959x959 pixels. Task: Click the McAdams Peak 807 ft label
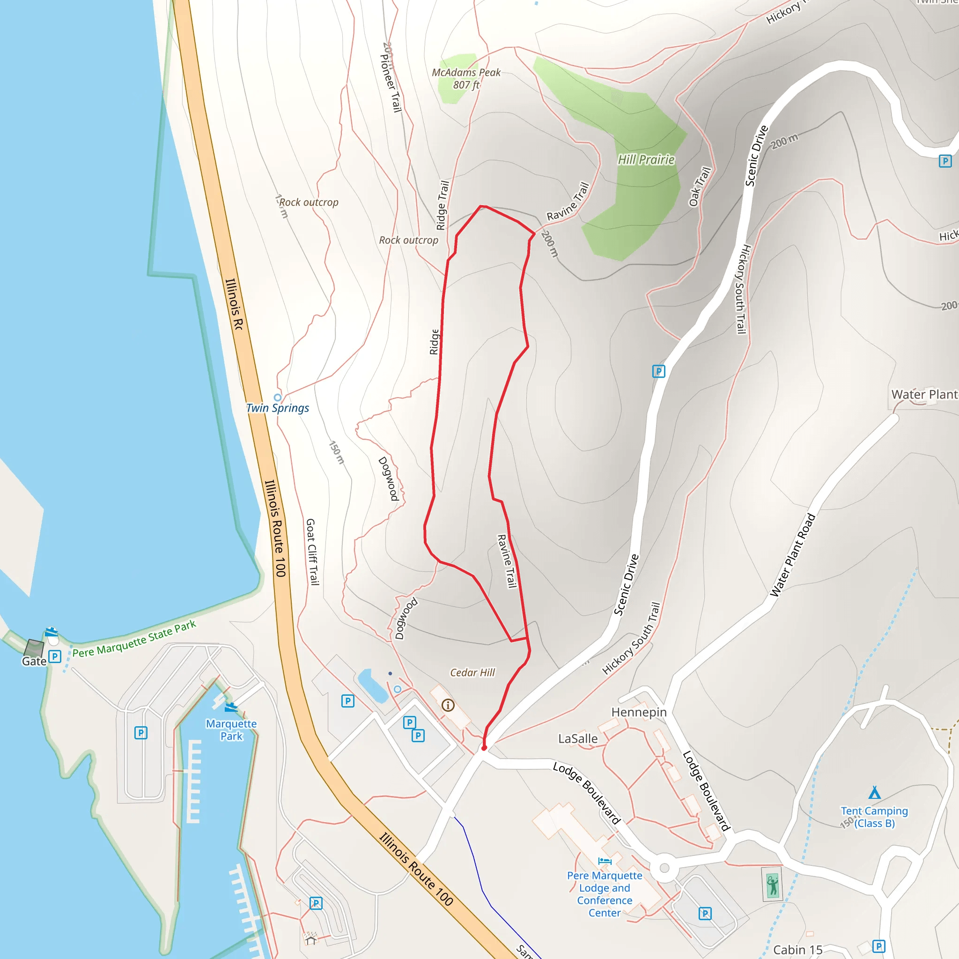[466, 78]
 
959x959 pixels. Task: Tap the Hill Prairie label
[646, 159]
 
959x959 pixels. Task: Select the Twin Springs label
[278, 408]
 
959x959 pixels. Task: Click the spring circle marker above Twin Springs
[278, 397]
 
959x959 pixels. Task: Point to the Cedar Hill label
[472, 672]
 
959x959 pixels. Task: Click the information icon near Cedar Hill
[448, 705]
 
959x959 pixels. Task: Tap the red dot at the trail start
[484, 747]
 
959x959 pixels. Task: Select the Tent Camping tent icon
[875, 792]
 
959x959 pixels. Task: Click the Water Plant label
[924, 395]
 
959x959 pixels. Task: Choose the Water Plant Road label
[792, 555]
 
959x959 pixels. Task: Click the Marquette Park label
[231, 730]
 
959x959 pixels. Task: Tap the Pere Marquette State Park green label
[134, 639]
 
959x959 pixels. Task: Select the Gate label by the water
[34, 661]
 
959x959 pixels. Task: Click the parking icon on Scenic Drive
[658, 371]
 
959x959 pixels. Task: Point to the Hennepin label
[639, 712]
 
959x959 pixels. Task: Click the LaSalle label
[578, 738]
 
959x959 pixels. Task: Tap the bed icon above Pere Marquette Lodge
[604, 861]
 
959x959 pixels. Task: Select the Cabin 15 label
[797, 950]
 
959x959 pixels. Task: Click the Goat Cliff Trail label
[312, 552]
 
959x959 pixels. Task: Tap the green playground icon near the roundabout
[772, 884]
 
